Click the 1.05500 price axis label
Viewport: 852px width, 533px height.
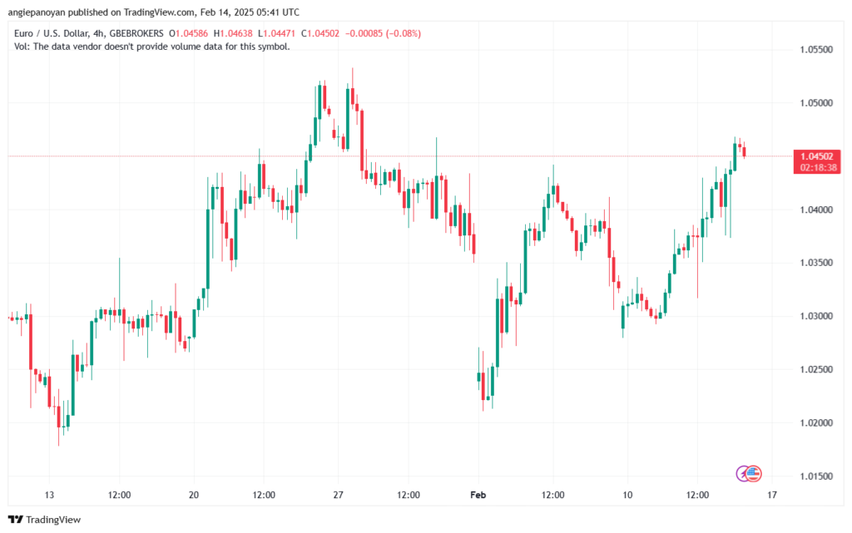815,50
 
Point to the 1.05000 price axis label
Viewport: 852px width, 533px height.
815,103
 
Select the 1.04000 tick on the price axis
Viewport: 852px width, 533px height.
815,210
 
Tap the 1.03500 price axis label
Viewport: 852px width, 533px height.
815,263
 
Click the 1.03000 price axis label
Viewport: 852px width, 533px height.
815,316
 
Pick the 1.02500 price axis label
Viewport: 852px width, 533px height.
815,369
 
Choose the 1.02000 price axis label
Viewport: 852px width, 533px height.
815,423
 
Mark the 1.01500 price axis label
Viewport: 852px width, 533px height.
815,476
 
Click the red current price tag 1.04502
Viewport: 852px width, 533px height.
819,156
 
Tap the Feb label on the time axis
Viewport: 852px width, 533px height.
478,495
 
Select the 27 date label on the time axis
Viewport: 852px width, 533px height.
338,495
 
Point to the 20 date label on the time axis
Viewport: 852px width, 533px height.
193,495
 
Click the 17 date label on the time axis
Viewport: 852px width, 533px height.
772,495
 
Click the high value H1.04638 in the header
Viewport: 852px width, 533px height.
235,33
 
